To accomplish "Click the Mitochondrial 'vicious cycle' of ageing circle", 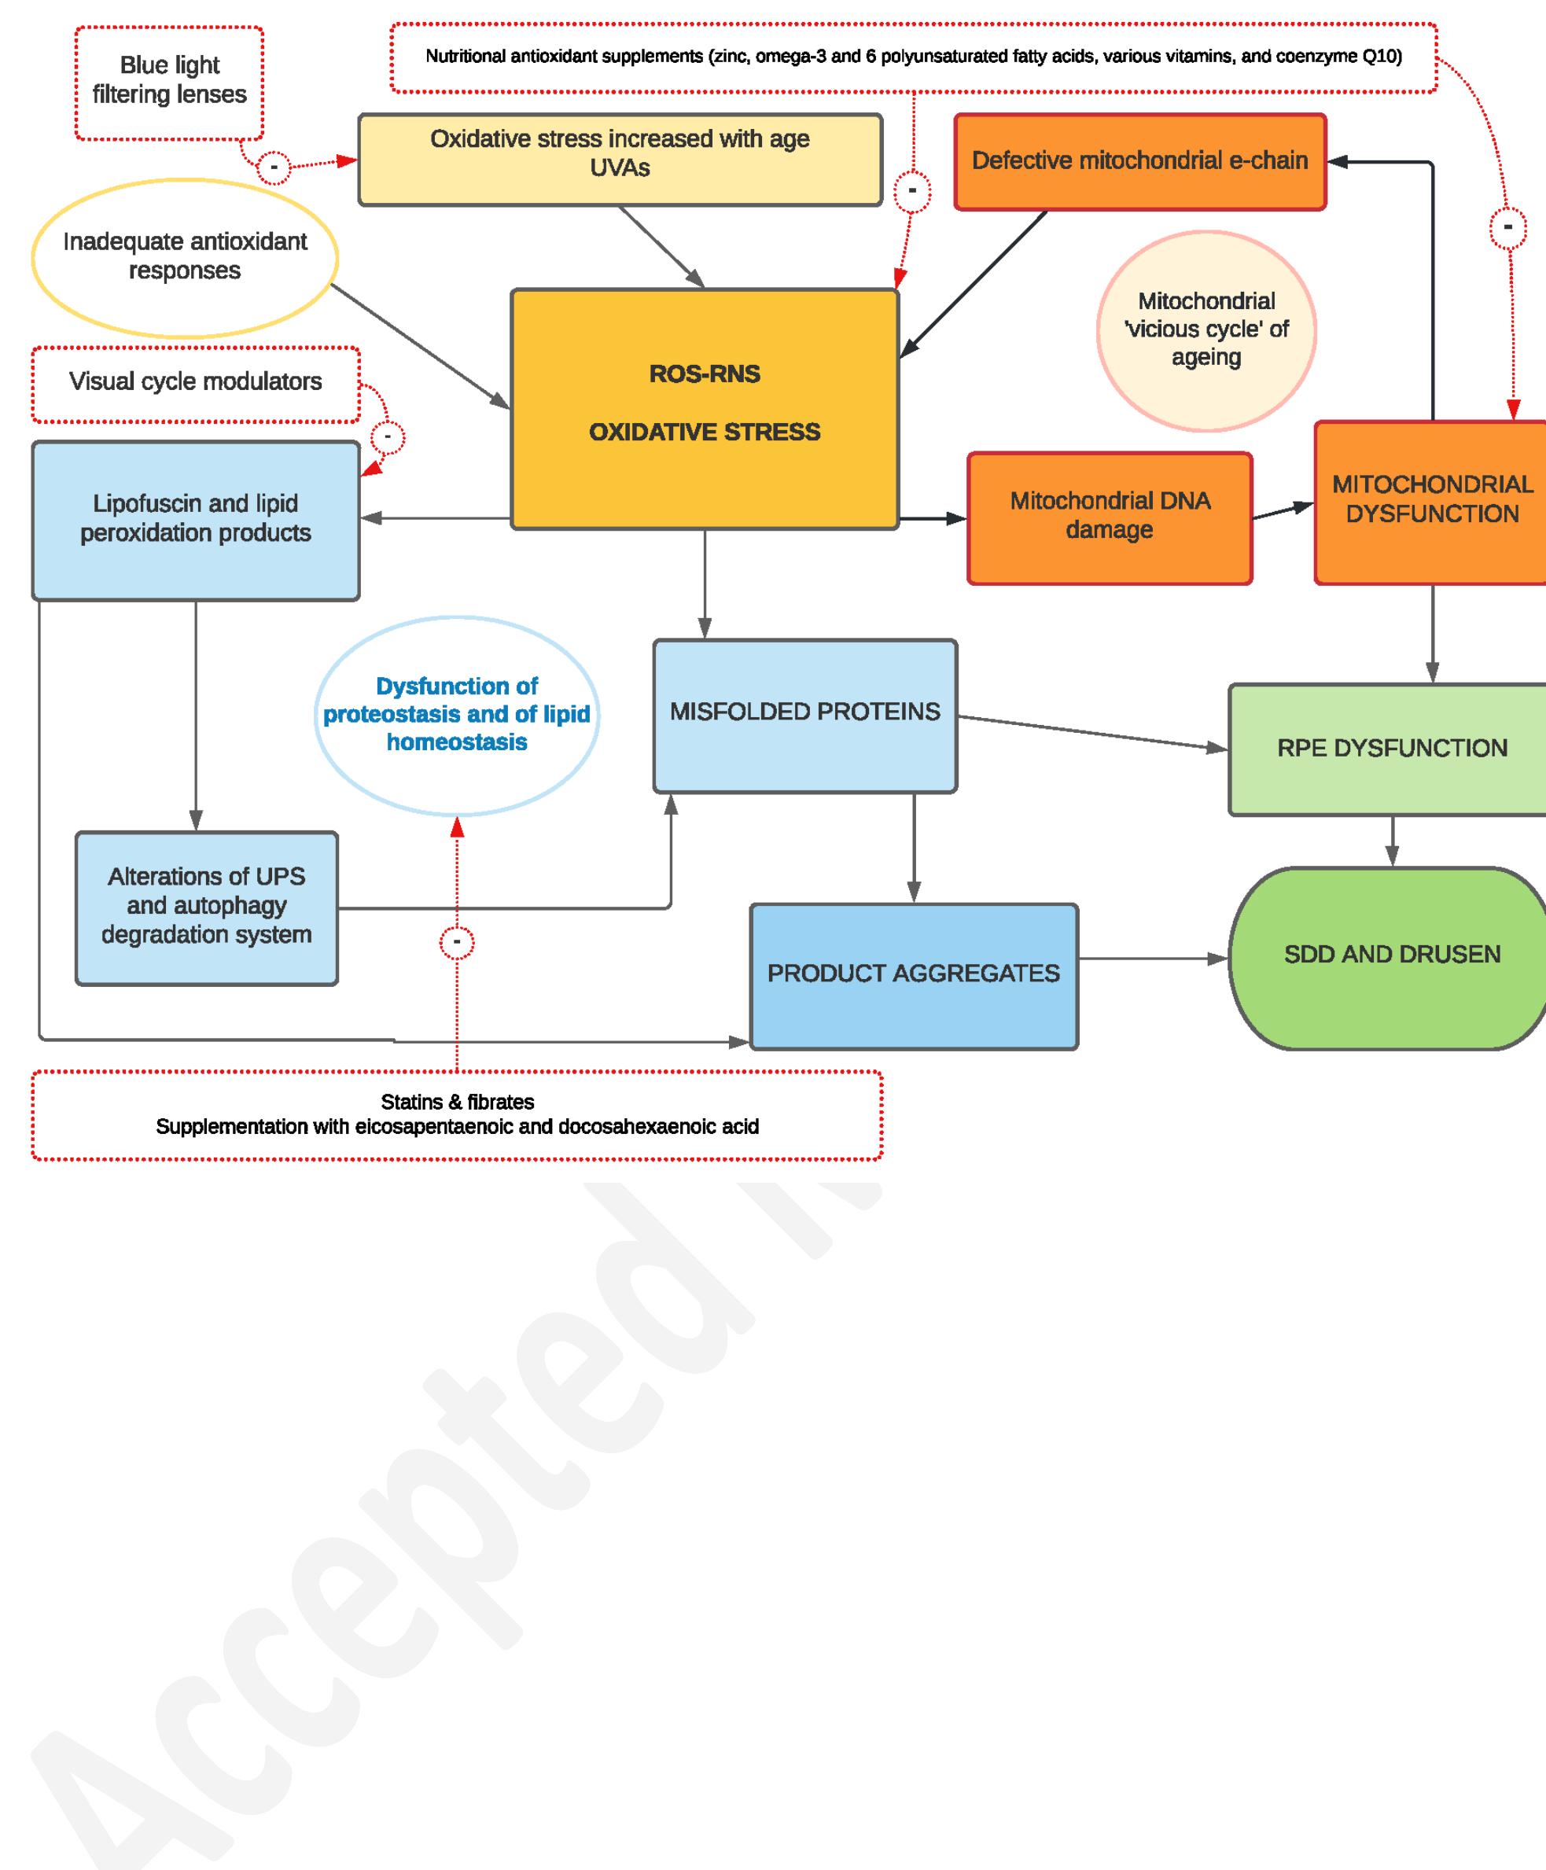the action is click(1206, 329).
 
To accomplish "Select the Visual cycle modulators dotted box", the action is click(195, 383).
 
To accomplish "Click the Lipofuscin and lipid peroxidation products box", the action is click(195, 519).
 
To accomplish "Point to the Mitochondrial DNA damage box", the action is click(1109, 517).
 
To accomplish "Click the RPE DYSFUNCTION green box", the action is click(1391, 748).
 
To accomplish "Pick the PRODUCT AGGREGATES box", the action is click(913, 975).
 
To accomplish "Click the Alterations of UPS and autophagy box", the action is click(206, 907).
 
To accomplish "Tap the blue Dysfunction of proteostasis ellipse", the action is click(456, 714).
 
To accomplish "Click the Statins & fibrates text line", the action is click(457, 1102).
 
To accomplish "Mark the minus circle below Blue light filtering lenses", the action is click(274, 167).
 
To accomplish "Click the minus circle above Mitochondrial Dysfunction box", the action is click(1507, 228).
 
